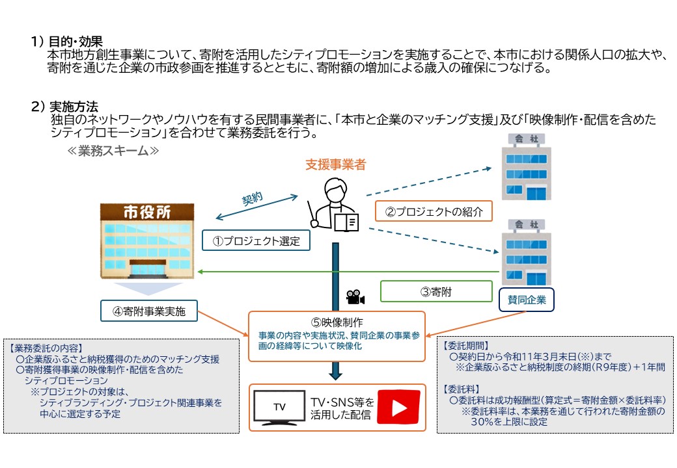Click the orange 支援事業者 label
tap(335, 165)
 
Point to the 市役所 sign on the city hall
tap(147, 213)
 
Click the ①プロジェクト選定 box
tap(256, 240)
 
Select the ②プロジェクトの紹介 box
tap(434, 211)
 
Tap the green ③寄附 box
tap(435, 292)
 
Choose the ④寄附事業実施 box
tap(148, 311)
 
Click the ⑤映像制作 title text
tap(337, 322)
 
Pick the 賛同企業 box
tap(527, 300)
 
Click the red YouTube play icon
tap(398, 408)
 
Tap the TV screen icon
tap(279, 408)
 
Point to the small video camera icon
tap(355, 297)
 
